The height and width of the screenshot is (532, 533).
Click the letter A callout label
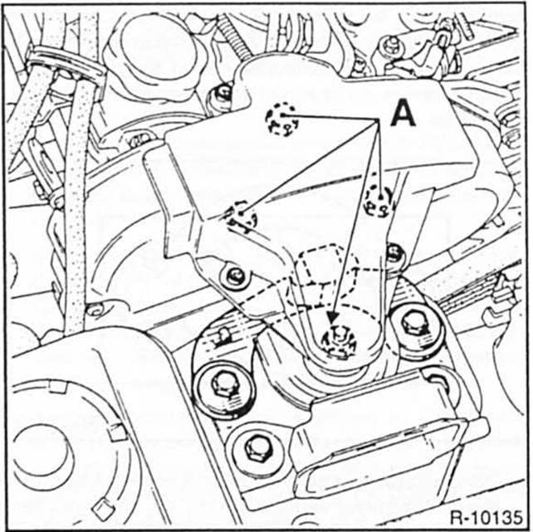click(402, 113)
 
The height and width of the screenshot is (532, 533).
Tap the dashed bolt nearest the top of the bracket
click(281, 120)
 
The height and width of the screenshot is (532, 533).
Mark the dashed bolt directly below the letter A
click(378, 199)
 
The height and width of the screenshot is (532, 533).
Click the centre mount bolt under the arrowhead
click(337, 339)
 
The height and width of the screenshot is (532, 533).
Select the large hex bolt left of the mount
click(220, 385)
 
